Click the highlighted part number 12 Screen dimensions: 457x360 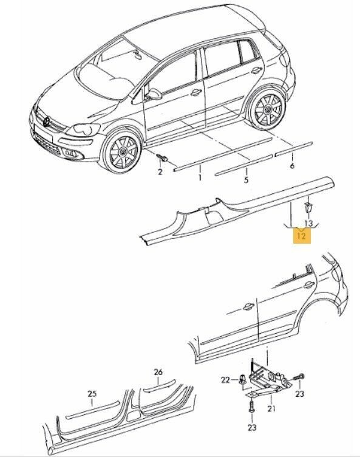coord(302,234)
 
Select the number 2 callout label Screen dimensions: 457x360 coord(160,172)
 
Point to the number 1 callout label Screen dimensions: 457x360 coord(199,177)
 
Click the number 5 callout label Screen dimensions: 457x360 coord(246,180)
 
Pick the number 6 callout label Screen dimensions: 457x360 coord(292,166)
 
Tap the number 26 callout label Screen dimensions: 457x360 coord(158,372)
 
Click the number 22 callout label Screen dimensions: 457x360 coord(225,380)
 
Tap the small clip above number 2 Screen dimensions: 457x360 coord(162,159)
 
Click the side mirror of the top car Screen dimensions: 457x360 coord(157,95)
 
